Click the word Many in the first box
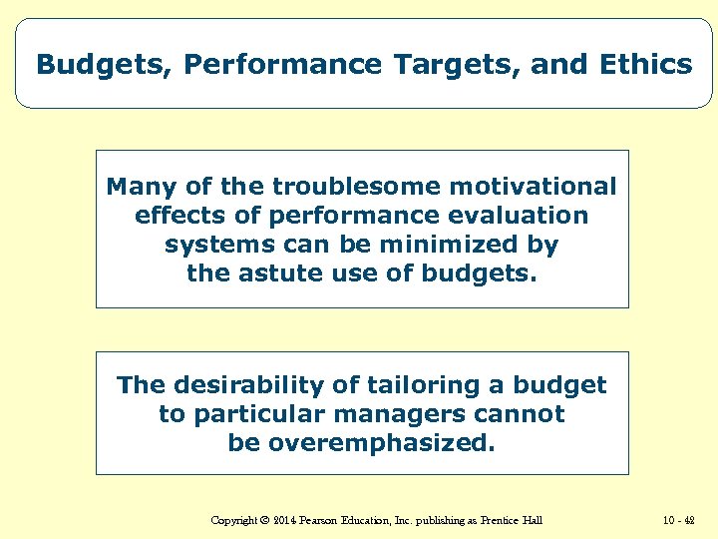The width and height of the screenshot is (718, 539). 139,187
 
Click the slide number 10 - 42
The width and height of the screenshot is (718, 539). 677,520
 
